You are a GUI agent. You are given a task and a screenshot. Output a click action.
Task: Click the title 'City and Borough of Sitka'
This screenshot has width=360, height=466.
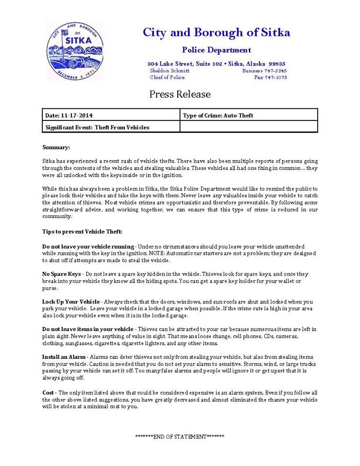point(216,33)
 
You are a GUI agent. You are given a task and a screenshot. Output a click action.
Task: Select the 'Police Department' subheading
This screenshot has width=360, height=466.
point(216,50)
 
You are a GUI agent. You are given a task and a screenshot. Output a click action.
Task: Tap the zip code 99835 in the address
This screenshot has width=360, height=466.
point(277,64)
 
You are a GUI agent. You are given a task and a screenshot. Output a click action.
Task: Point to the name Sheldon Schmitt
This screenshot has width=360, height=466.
point(170,70)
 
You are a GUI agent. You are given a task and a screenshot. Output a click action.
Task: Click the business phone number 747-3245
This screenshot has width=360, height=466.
point(275,70)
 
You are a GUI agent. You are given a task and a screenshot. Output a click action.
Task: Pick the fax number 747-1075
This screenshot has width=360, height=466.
point(276,77)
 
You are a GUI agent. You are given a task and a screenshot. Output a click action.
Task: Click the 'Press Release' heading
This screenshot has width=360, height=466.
point(180,94)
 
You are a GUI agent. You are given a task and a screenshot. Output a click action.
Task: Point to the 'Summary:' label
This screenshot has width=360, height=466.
point(56,147)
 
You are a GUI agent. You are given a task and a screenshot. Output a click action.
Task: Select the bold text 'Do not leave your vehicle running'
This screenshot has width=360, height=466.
point(88,247)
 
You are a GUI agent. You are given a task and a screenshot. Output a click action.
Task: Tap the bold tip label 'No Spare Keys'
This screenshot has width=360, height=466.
point(62,274)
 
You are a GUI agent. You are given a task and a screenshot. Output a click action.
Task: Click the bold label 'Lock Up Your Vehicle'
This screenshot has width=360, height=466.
point(71,301)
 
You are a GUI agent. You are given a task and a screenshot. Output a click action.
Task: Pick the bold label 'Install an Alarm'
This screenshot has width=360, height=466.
point(64,357)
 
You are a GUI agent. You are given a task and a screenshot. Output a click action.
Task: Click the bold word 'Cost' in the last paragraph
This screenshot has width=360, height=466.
point(48,392)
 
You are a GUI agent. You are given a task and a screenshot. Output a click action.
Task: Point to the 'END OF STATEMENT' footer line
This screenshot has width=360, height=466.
point(180,436)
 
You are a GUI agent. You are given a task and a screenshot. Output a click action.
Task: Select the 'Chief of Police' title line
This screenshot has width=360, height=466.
point(167,77)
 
